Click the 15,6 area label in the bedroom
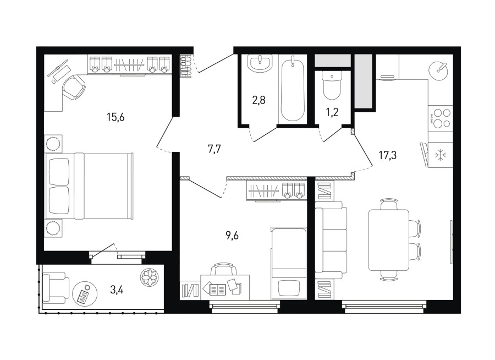pos(116,117)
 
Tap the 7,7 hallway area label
pos(214,149)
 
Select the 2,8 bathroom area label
pos(258,100)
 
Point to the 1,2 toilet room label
pos(332,112)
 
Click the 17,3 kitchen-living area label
pos(387,155)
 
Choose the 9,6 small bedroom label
pos(232,236)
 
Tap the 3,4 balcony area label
pos(117,290)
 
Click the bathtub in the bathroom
pos(293,89)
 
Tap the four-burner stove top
pos(441,118)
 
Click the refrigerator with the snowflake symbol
pos(439,155)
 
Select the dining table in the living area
pos(389,240)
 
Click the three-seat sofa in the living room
pos(331,240)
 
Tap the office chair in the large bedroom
pos(74,86)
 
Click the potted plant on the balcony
pos(148,276)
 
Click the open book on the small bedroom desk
pos(217,288)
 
